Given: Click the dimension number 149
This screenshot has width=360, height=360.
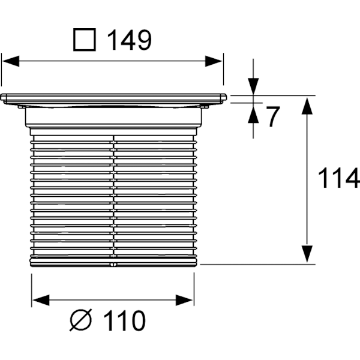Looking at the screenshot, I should click(128, 41).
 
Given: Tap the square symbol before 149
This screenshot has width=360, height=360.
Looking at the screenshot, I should click(85, 40).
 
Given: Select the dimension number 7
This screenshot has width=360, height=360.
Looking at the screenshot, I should click(273, 118).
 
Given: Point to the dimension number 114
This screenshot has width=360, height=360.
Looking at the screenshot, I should click(338, 179).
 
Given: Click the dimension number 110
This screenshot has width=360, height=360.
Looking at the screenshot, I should click(122, 322).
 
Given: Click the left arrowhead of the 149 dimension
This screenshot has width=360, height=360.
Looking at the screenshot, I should click(11, 60).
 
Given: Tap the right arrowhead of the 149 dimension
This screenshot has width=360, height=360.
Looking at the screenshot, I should click(214, 60).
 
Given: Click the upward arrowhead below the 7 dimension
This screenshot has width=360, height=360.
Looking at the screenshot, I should click(253, 112).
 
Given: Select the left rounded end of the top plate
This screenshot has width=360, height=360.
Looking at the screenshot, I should click(4, 97).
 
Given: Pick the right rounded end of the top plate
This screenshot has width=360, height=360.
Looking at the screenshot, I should click(224, 97).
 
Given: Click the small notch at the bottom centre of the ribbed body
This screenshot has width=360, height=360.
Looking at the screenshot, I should click(113, 262).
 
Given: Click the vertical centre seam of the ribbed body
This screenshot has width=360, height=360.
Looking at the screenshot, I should click(113, 192).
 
